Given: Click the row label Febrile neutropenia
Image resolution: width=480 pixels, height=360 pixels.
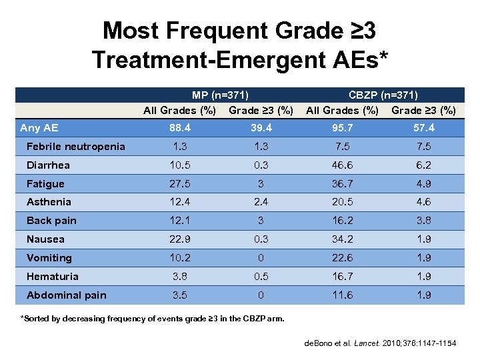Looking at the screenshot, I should (75, 147).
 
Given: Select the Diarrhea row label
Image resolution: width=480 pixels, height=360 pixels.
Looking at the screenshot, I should (48, 165).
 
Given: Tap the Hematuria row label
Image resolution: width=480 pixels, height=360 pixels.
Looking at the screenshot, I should (52, 276).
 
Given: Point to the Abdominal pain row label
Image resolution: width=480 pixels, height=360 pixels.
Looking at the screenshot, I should (66, 295).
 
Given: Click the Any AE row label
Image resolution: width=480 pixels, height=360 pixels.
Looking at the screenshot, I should (39, 128).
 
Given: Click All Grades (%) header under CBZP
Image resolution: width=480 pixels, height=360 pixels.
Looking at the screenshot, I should (342, 110).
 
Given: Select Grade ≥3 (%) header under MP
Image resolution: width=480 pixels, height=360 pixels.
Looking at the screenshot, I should (261, 110).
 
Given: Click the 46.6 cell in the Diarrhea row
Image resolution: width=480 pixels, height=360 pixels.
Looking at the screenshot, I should (342, 165).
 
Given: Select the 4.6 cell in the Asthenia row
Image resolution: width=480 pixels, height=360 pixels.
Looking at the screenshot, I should (423, 202).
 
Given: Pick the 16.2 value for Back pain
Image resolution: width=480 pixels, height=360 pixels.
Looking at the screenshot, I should (342, 221).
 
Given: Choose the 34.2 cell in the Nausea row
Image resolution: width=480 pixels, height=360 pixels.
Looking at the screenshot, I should (342, 239).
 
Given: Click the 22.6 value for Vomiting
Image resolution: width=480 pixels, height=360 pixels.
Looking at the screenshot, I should (342, 257).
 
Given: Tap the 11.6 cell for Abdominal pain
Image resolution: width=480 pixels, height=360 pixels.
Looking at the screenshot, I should (342, 295).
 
